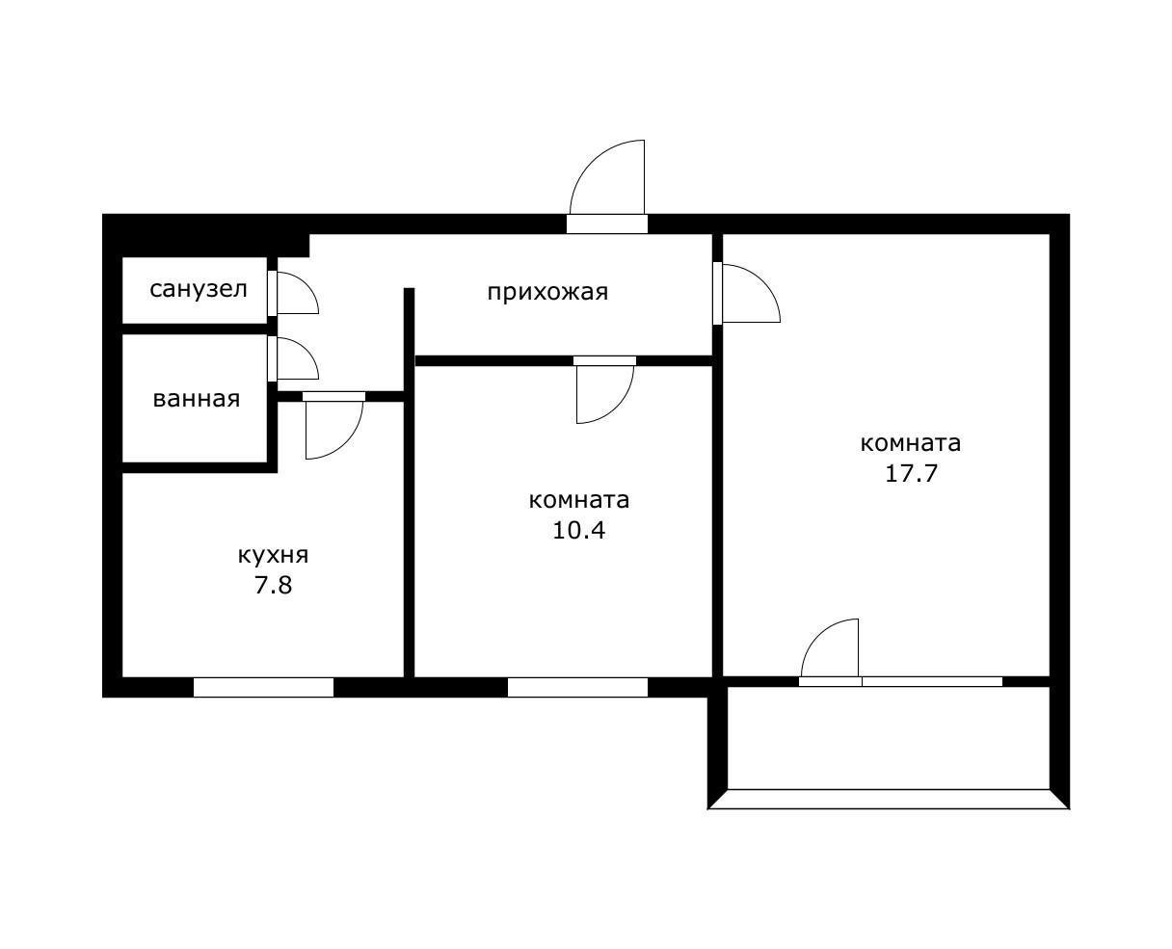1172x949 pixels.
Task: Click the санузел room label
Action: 199,289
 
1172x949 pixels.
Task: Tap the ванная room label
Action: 197,399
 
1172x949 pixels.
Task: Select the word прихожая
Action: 547,293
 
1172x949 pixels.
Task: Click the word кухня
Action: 273,557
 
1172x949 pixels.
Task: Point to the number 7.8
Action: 273,585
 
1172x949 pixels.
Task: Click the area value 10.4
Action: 579,531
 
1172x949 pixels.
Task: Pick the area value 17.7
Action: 911,473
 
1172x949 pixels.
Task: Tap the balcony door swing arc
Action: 817,635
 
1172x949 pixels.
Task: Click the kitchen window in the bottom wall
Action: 263,687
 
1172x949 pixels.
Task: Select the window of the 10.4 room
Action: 577,687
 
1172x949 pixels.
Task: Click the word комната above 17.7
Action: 911,443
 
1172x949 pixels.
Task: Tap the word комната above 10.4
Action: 579,500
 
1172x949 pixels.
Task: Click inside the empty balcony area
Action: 889,737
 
